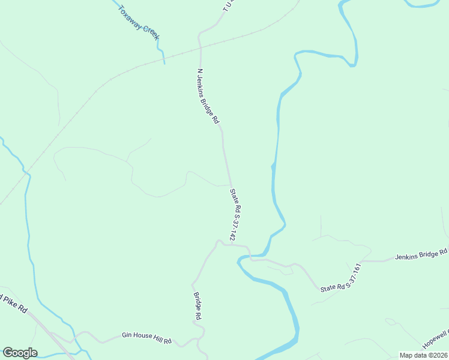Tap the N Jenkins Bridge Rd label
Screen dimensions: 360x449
208,96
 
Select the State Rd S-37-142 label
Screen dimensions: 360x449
237,215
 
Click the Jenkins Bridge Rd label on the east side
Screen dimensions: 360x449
421,254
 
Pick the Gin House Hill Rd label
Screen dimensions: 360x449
146,338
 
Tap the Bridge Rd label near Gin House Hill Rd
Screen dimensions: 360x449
197,305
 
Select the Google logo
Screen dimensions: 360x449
20,353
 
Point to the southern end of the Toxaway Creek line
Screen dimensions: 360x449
164,62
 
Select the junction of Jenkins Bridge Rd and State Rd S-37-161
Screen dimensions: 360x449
363,262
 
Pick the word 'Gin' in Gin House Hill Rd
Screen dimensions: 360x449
126,335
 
